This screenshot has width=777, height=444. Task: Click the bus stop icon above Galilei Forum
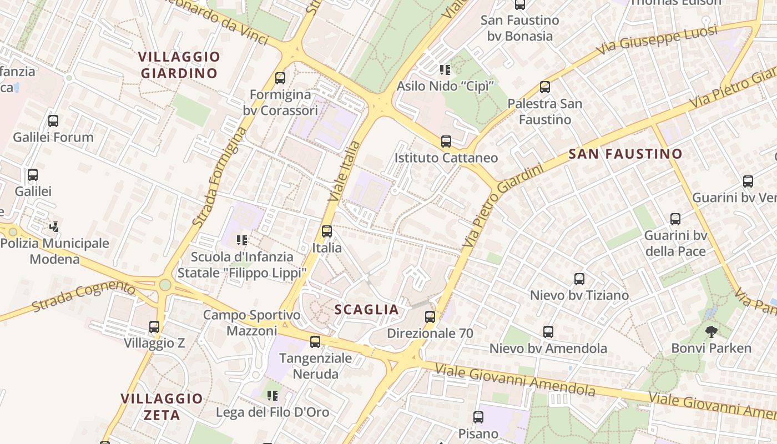(x=53, y=121)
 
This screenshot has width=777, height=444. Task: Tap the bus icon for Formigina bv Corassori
(x=280, y=78)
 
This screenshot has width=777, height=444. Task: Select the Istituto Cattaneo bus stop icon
(x=446, y=142)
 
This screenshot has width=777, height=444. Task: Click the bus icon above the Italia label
(x=327, y=231)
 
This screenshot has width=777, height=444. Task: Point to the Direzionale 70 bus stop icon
(x=430, y=317)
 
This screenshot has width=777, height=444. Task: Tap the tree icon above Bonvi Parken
(x=711, y=332)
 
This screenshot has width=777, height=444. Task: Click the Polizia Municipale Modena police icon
(x=54, y=226)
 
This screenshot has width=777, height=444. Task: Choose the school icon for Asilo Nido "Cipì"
(x=445, y=70)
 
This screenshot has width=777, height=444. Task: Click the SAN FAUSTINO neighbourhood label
(x=625, y=154)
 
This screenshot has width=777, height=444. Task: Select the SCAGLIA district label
(x=367, y=310)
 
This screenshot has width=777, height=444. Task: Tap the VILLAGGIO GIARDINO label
(x=179, y=65)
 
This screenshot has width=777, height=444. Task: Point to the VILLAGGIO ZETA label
(x=162, y=407)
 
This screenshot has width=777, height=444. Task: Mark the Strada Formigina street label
(x=220, y=176)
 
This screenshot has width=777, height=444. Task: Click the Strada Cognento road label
(x=83, y=296)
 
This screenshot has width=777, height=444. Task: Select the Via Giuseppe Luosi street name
(x=658, y=40)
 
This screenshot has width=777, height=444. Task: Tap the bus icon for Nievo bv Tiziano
(x=579, y=279)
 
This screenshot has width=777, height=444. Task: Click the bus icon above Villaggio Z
(x=154, y=327)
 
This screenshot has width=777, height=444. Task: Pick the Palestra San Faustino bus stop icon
(x=545, y=87)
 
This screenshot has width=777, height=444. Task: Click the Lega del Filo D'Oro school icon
(x=272, y=396)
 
